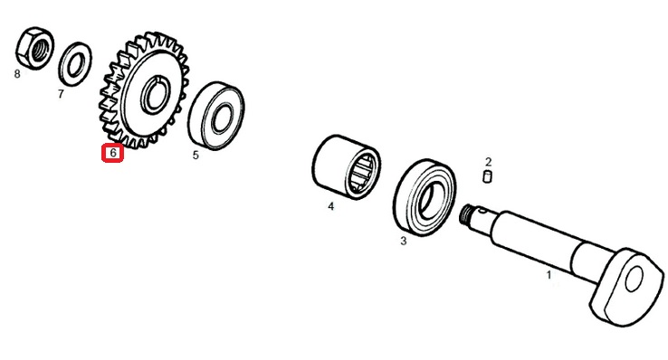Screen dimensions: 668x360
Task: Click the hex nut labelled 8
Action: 35,48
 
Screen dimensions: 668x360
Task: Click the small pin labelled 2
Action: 487,176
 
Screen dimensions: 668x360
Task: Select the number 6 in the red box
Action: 113,152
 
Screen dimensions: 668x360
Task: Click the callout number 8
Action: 17,74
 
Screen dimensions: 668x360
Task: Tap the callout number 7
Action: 61,94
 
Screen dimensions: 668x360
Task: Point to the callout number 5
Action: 196,156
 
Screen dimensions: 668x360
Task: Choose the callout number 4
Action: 331,206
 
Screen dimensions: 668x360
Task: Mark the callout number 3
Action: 404,241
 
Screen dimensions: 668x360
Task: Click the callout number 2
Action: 488,162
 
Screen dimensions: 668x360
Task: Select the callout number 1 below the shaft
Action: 549,275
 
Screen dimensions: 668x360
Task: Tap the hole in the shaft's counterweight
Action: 634,279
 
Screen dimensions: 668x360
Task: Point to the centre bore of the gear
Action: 156,94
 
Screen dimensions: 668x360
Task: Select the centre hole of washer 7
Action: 76,64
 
